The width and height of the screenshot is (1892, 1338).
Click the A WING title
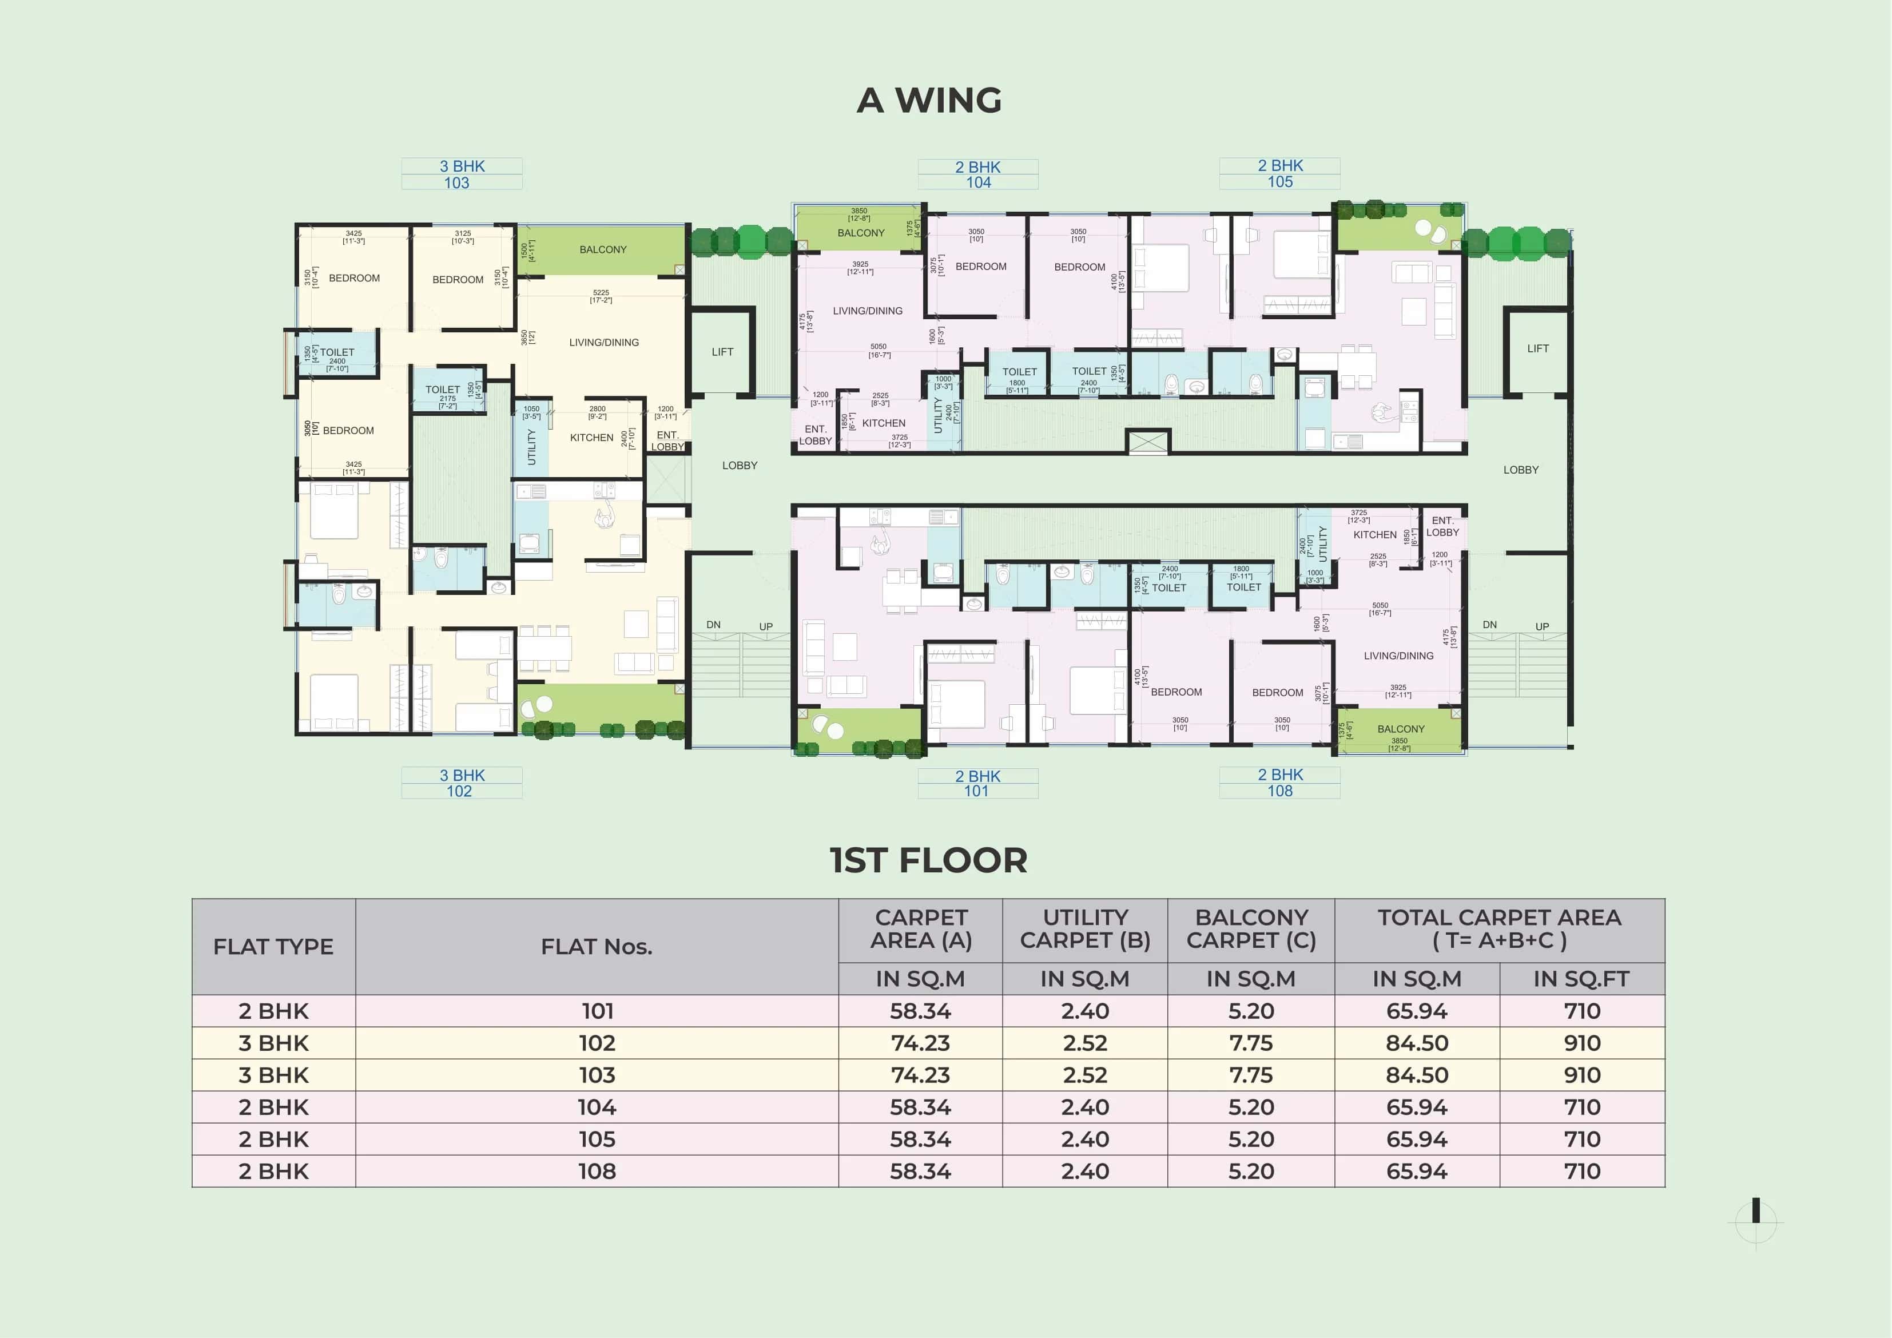pos(929,101)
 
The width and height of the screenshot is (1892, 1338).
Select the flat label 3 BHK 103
pos(462,174)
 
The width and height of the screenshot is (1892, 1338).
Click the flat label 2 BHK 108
pos(1280,783)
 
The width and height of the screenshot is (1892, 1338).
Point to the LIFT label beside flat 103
pos(722,352)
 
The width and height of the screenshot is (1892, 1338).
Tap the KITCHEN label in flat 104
pos(884,423)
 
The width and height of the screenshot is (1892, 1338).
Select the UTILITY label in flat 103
pos(531,447)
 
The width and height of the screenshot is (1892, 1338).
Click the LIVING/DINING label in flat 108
pos(1398,656)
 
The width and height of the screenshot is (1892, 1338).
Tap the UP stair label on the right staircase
pos(1542,626)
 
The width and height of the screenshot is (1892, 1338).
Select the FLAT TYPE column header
pos(273,946)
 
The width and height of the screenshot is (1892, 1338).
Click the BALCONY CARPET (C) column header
pos(1250,929)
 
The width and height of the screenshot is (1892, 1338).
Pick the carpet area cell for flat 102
pos(920,1043)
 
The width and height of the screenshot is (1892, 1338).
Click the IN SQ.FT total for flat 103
pos(1581,1075)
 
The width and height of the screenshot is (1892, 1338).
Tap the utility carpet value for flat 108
pos(1084,1172)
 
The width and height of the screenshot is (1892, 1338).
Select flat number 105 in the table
pos(597,1140)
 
